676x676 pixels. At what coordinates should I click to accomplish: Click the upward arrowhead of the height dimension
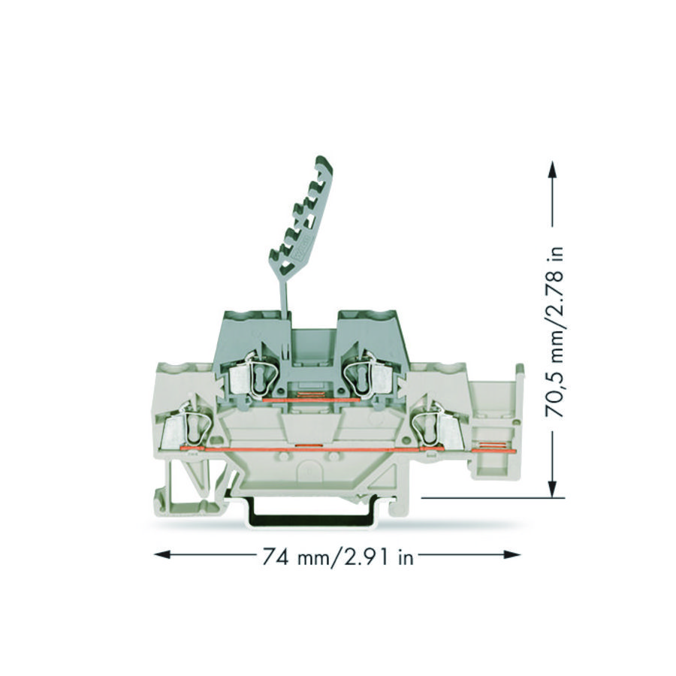pos(552,169)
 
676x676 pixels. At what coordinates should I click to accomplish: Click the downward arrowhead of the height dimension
pos(552,490)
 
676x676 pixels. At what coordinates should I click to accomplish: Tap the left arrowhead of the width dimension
pos(162,554)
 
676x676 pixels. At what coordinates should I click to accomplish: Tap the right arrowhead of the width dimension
pos(512,554)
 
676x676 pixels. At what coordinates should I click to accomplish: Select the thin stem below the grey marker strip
pos(285,292)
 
